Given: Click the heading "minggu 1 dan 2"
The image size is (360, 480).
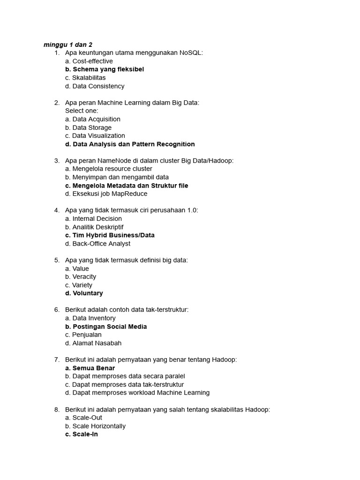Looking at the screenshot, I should point(68,45).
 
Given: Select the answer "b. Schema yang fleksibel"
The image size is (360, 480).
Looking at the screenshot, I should point(105,69).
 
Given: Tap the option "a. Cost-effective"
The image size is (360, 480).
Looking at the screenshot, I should point(89,61).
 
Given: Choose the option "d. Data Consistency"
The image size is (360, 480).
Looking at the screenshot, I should point(95,86).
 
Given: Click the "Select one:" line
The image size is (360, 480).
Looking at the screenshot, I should point(82,111).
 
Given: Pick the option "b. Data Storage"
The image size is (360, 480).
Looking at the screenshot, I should point(88,127).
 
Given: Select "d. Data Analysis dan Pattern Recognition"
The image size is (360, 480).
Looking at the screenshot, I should point(130,144).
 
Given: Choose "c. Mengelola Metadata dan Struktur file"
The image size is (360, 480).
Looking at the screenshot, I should point(127,186).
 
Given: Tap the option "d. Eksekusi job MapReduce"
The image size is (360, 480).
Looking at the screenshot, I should point(106,194).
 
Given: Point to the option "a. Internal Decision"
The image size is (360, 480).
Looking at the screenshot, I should point(93,218).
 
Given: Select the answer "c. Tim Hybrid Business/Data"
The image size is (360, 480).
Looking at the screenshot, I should point(110,235).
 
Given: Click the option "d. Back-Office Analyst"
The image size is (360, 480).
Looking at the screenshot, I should point(97,244).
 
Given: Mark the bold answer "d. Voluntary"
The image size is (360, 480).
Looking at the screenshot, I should point(84,293).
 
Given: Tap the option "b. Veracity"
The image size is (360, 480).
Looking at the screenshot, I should point(81,277).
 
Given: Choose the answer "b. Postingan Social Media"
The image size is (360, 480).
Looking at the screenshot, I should point(106,327).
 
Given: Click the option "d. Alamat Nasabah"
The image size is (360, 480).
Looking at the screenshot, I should point(93,343).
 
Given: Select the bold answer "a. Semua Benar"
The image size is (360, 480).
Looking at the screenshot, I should point(90,368).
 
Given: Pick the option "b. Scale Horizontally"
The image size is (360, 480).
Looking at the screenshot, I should point(95,426).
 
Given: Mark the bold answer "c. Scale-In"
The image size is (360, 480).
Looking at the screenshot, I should point(82,435).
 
